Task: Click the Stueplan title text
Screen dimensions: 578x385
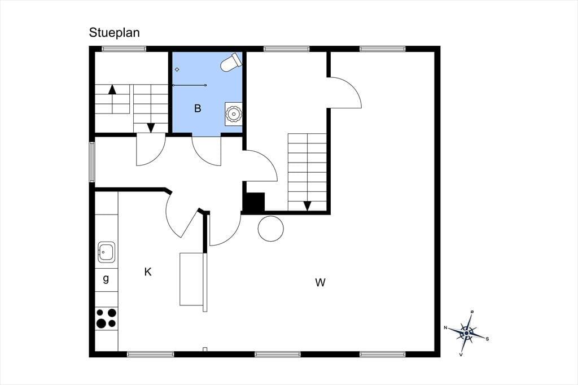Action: (x=114, y=33)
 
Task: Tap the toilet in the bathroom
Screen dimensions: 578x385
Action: (x=231, y=62)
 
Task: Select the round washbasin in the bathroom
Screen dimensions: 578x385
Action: (x=233, y=114)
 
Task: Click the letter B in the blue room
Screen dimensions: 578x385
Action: (x=198, y=108)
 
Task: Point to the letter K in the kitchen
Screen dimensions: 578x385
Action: (x=148, y=272)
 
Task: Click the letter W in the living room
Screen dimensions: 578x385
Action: (x=321, y=282)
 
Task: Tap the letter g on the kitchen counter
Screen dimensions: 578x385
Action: (x=106, y=278)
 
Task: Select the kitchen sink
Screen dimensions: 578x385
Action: (x=107, y=252)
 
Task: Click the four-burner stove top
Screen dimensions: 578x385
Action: (x=107, y=318)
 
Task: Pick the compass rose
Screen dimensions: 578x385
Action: (x=467, y=333)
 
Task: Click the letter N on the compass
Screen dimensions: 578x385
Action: (x=445, y=327)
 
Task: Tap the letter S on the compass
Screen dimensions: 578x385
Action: (x=487, y=339)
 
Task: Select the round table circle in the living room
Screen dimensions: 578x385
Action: (x=270, y=229)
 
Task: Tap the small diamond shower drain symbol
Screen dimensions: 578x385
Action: (x=177, y=69)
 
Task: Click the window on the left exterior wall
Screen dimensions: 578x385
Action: (x=92, y=162)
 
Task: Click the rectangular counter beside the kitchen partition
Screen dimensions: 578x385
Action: (x=191, y=279)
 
